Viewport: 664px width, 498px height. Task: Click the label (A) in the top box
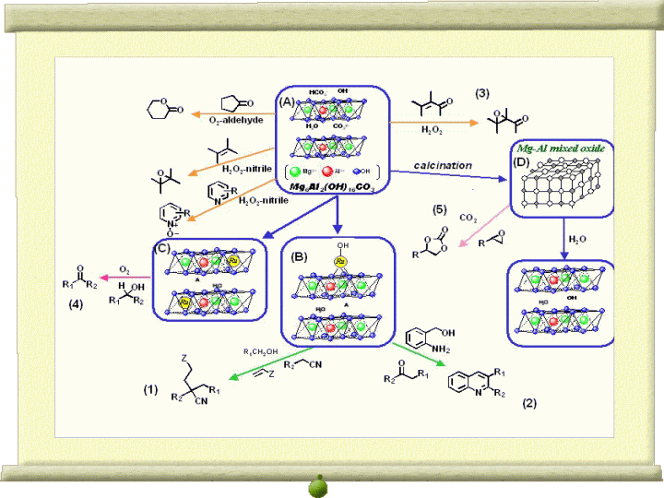(288, 102)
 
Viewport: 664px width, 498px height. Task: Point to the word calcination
(443, 165)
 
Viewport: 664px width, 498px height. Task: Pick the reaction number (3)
(481, 94)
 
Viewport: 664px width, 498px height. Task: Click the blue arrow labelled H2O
(562, 239)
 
